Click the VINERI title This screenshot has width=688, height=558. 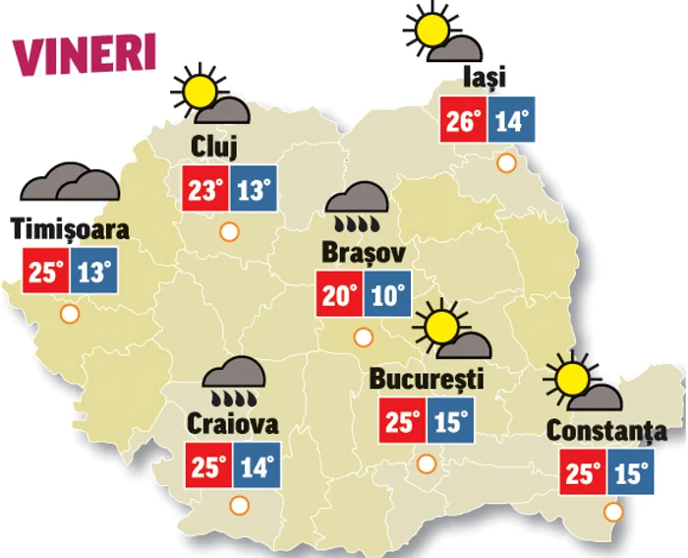point(85,55)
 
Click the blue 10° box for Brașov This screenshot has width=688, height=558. point(387,295)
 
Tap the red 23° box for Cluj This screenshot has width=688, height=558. point(204,189)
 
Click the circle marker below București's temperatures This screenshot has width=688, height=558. point(426,464)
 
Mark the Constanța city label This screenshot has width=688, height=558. point(606,431)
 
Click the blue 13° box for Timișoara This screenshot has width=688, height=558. point(94,271)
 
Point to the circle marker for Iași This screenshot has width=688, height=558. point(507,162)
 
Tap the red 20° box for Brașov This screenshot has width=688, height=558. point(339,295)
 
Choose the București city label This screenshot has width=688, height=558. point(427,379)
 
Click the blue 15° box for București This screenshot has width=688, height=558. point(450,422)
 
